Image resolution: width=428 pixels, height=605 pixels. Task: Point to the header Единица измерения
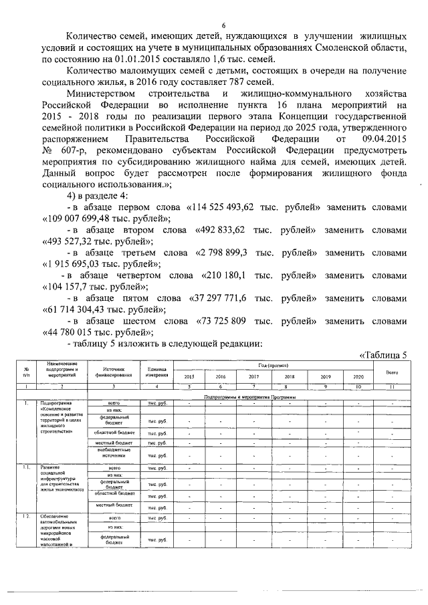click(x=156, y=372)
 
